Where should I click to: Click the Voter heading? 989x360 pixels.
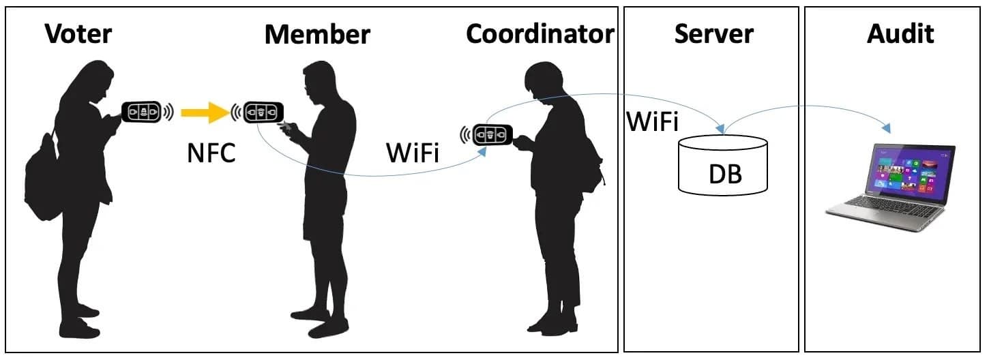[x=78, y=33]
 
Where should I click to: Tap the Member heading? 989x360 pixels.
[x=317, y=34]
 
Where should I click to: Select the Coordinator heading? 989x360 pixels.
[x=540, y=33]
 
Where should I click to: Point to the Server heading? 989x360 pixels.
[x=714, y=33]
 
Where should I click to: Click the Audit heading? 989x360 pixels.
[x=900, y=33]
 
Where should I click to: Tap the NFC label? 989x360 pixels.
[x=211, y=153]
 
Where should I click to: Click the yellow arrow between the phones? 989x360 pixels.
[x=205, y=112]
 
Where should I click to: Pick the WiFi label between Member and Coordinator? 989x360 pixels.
[x=413, y=153]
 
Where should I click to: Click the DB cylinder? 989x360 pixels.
[x=723, y=165]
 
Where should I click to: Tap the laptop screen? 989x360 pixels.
[x=912, y=170]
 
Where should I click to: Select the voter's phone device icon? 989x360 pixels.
[x=141, y=112]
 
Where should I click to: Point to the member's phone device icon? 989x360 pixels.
[x=263, y=112]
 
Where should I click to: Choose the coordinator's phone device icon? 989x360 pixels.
[x=492, y=134]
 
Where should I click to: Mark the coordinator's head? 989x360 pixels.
[x=543, y=80]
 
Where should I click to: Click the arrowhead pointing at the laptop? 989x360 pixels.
[x=886, y=128]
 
